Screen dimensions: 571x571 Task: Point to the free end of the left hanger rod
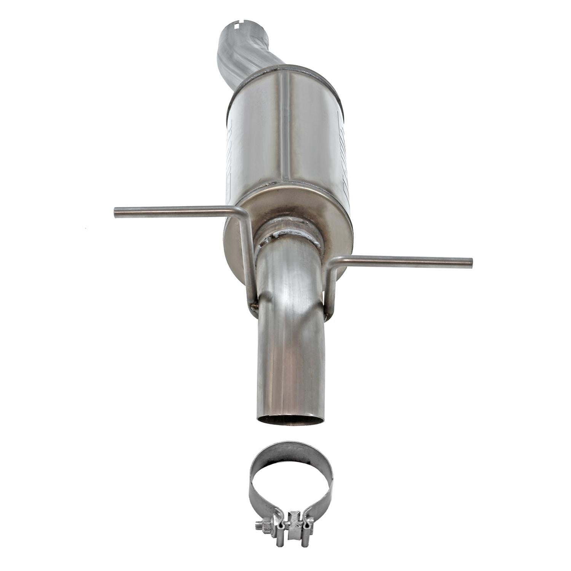pos(116,212)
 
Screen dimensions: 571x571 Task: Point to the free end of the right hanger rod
pos(471,262)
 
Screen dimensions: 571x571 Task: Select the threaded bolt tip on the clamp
pos(257,527)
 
